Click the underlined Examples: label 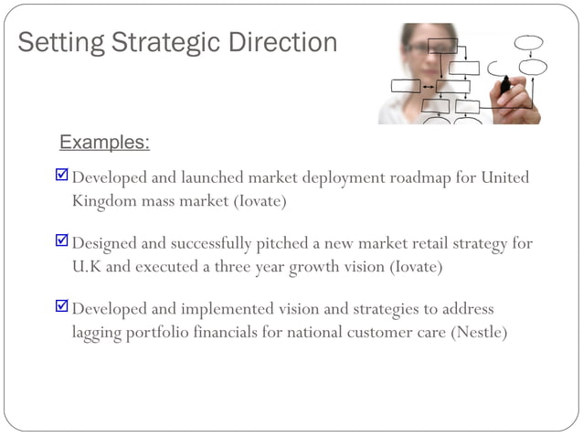104,143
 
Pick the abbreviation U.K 89,267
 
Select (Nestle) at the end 479,332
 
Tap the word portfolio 160,332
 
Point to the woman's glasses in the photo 419,46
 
